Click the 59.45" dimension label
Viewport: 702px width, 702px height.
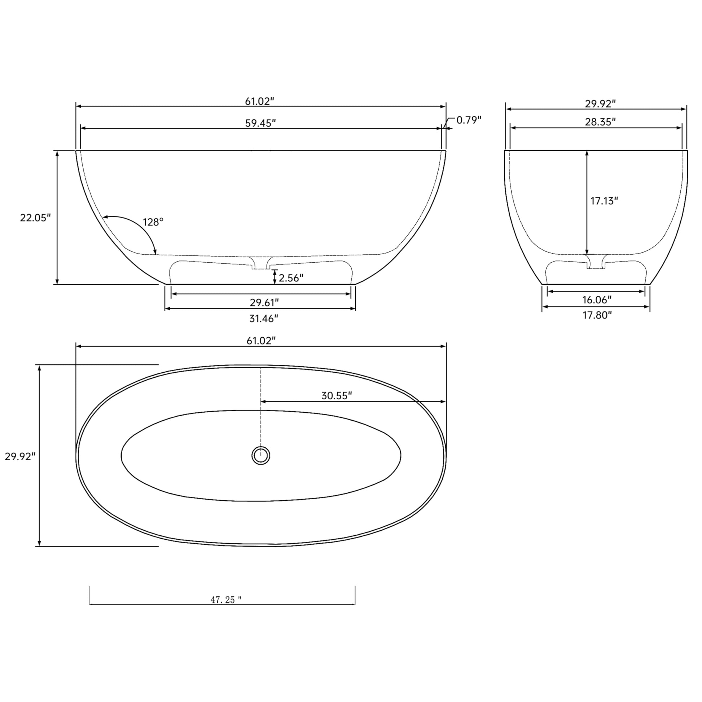260,123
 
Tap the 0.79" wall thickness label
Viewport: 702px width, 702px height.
469,120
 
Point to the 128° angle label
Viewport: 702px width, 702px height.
153,222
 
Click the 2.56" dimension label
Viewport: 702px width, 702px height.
291,278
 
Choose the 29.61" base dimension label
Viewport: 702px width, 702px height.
264,302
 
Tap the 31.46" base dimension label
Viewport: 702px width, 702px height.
263,319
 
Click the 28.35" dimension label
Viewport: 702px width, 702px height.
600,122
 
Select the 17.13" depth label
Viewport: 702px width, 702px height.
604,201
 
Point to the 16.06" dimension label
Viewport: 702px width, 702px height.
597,300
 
